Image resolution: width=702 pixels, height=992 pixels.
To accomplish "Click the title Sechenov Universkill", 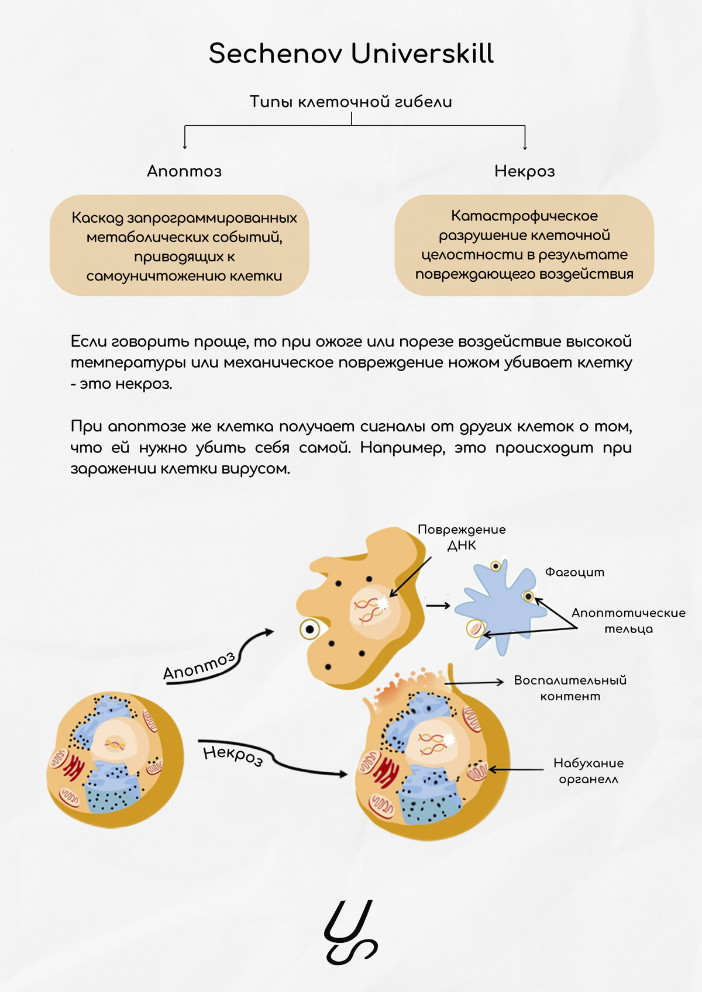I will [x=351, y=54].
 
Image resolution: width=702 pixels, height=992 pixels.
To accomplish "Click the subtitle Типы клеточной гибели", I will [x=351, y=102].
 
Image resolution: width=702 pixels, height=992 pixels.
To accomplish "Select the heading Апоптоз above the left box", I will [x=184, y=171].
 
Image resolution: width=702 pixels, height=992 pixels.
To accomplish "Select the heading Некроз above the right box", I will [x=524, y=171].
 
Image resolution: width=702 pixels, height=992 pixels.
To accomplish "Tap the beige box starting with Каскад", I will [x=179, y=246].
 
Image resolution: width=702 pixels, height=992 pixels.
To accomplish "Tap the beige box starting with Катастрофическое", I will [x=524, y=245].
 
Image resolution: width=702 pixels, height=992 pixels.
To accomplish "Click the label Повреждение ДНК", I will [x=462, y=537].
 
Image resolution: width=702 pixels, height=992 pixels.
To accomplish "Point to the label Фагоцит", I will [x=574, y=572].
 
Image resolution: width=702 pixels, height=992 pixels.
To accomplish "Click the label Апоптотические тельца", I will [x=628, y=620].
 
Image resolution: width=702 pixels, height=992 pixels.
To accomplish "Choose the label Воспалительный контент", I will [x=570, y=688].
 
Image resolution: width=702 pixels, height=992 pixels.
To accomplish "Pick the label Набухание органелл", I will [x=589, y=770].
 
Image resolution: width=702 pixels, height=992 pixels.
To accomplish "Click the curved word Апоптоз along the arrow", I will [x=199, y=666].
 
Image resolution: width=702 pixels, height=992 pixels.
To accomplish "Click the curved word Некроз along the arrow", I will [x=233, y=754].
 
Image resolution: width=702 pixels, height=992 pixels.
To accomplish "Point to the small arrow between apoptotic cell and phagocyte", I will [x=438, y=606].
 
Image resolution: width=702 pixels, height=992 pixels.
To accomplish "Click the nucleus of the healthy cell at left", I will [x=116, y=741].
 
